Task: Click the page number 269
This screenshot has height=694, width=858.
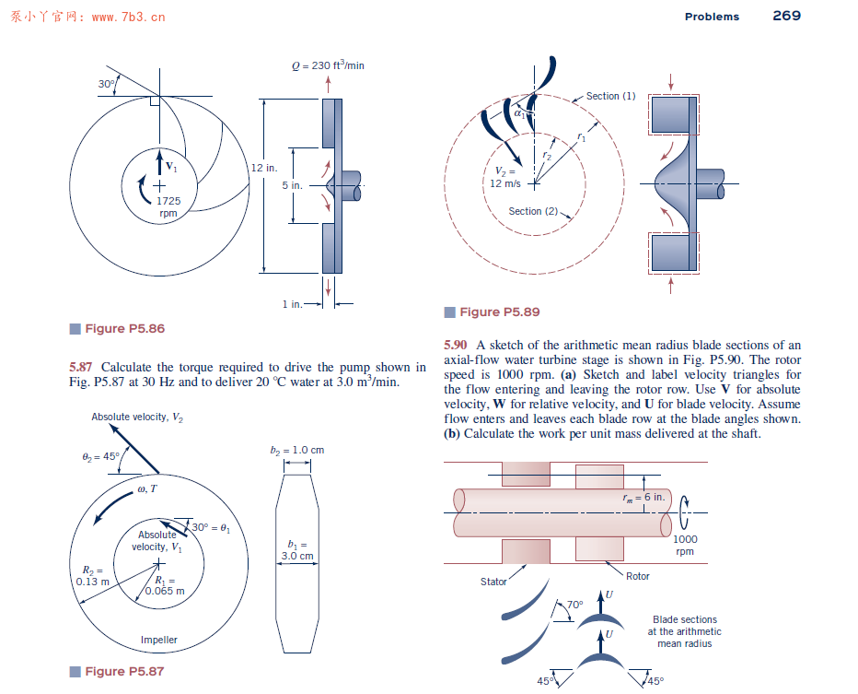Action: coord(786,16)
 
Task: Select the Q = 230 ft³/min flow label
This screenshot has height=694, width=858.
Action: coord(328,65)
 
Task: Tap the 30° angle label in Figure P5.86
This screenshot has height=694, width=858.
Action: coord(107,84)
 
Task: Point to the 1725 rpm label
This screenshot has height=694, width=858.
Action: coord(168,206)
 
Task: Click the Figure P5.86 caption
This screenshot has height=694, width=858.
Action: coord(124,329)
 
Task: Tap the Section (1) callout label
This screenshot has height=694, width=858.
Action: coord(610,96)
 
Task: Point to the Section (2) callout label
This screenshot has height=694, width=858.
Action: coord(533,211)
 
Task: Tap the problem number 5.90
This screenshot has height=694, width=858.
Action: coord(456,346)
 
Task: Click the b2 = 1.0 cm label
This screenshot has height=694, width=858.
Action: coord(297,451)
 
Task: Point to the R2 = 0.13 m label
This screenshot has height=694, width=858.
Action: coord(92,574)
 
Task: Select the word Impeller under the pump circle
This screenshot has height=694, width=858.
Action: coord(159,640)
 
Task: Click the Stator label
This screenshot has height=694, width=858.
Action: coord(493,582)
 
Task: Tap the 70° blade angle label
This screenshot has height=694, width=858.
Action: coord(574,605)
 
